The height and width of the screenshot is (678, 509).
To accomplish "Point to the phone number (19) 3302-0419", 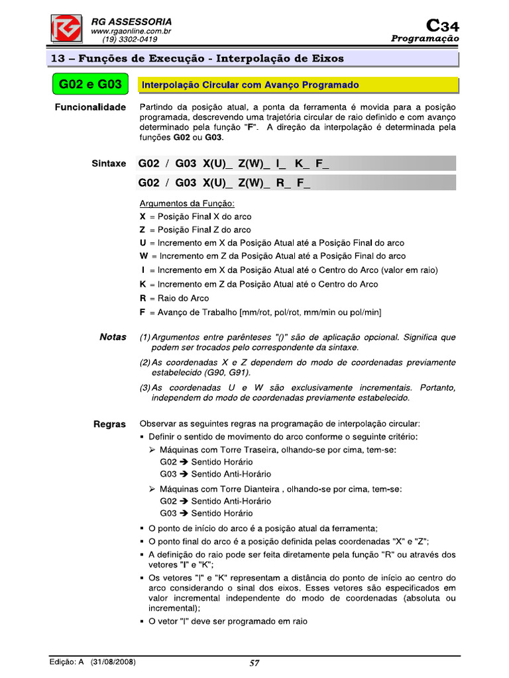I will click(125, 40).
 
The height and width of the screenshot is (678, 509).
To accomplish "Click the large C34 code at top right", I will click(442, 26).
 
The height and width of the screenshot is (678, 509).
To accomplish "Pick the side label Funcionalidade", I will click(90, 107).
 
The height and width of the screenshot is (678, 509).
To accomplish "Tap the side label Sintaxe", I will click(109, 163).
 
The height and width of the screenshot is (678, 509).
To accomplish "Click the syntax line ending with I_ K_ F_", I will click(233, 164).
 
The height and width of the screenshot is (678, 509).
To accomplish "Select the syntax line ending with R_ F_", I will click(224, 183).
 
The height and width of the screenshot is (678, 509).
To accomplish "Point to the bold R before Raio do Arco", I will click(143, 298).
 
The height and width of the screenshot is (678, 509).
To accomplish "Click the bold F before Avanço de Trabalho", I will click(143, 312).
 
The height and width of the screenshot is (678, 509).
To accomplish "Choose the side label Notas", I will click(113, 337).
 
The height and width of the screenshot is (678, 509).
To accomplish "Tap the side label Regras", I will click(109, 424).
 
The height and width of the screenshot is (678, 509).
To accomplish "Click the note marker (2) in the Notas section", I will click(145, 363).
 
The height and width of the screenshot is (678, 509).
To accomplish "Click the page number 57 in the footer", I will click(254, 663).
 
